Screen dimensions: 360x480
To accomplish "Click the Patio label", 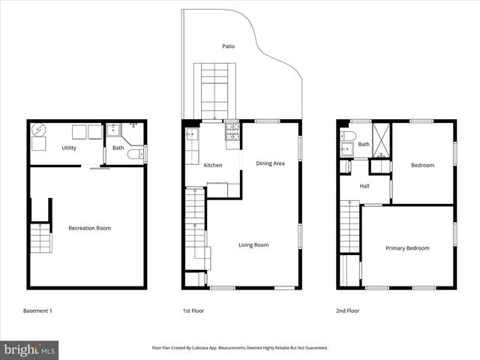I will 228,46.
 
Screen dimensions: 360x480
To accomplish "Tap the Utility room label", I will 69,148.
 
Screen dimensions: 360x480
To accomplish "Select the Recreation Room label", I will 89,228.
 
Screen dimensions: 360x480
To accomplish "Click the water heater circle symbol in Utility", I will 37,130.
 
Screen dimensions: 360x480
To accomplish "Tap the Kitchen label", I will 213,165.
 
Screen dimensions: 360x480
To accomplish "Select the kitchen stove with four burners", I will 233,133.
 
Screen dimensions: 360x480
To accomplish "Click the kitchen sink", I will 190,136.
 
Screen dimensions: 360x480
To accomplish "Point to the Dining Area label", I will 270,163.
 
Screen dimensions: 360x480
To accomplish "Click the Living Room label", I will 253,245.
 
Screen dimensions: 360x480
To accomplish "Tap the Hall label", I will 364,186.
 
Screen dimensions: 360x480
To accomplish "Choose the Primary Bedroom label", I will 407,248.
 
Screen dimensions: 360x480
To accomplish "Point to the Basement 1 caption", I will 37,310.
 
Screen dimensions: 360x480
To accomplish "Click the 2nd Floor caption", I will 347,310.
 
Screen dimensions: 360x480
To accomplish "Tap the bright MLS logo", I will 30,349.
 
